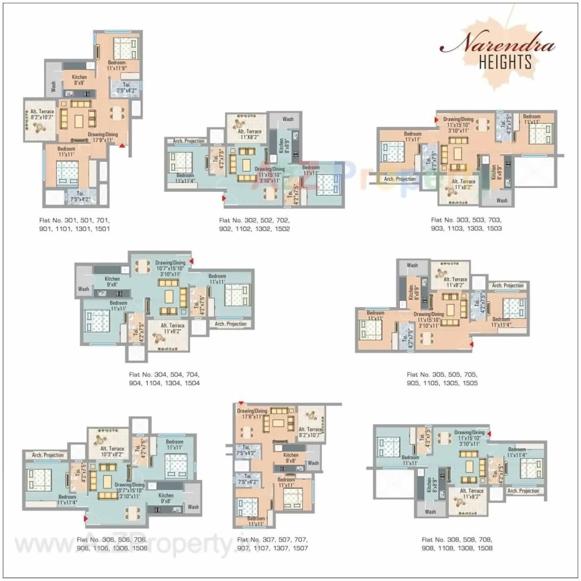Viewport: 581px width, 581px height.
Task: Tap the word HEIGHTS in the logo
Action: [x=505, y=62]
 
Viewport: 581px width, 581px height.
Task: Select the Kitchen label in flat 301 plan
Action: [x=79, y=77]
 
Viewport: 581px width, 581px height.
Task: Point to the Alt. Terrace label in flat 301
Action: [x=42, y=112]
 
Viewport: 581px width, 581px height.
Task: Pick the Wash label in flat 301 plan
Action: [x=53, y=87]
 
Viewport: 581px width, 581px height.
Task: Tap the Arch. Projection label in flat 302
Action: [x=189, y=141]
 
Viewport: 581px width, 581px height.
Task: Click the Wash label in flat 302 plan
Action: [x=288, y=119]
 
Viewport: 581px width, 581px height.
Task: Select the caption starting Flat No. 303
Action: [x=466, y=224]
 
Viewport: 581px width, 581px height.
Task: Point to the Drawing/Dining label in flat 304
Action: [x=170, y=263]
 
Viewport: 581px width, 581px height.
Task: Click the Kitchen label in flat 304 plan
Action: [x=112, y=279]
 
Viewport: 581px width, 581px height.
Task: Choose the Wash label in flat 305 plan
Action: [x=412, y=266]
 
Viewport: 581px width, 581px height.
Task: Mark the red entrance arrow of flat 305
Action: [x=471, y=345]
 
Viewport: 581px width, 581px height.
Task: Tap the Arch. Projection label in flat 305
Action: [x=508, y=286]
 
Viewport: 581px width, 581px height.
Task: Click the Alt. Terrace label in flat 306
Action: [x=112, y=449]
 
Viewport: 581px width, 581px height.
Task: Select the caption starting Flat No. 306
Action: [x=112, y=544]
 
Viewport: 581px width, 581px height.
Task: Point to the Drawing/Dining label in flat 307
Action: [x=252, y=411]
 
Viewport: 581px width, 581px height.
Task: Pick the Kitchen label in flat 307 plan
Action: [x=290, y=455]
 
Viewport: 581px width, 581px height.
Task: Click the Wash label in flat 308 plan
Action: [x=431, y=512]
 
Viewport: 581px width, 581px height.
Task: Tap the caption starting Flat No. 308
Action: [x=457, y=544]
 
